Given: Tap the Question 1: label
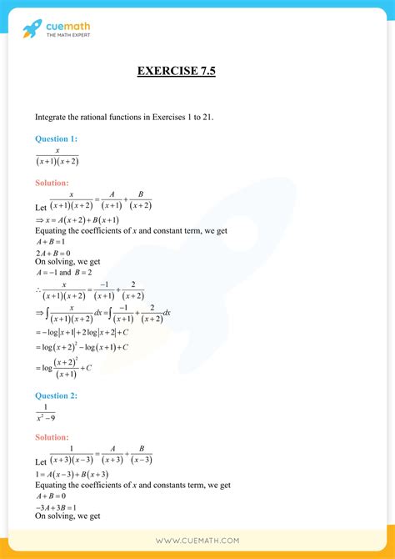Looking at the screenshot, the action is click(x=56, y=138).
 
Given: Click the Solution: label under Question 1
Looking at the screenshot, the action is click(x=52, y=182).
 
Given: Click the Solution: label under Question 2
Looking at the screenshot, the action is click(x=52, y=437).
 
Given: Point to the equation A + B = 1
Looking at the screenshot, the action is click(x=52, y=242).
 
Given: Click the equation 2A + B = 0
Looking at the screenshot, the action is click(x=52, y=253).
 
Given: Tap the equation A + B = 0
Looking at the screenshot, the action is click(x=52, y=496).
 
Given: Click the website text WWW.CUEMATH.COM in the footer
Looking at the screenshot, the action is click(x=197, y=541).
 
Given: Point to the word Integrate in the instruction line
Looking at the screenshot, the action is click(x=52, y=117).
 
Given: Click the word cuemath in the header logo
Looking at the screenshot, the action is click(x=68, y=28).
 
